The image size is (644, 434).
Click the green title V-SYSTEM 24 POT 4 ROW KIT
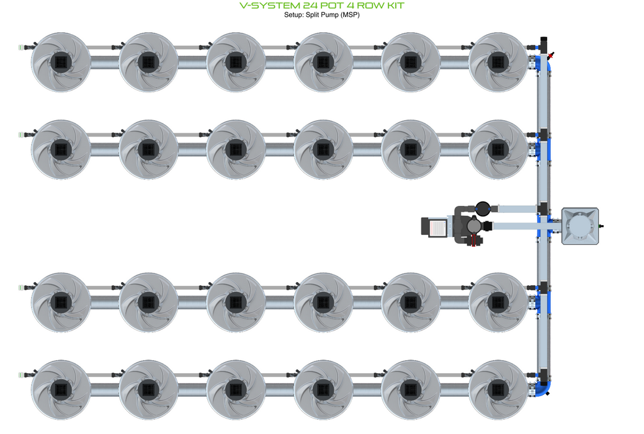tap(321, 6)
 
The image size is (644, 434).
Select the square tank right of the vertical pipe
tap(581, 226)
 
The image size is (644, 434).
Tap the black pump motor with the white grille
tap(435, 226)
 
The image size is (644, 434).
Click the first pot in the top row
tap(61, 61)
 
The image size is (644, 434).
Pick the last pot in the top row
tap(498, 61)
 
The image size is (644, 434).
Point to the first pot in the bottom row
tap(61, 389)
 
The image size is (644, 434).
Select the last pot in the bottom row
tap(498, 389)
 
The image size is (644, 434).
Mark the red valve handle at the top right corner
tap(551, 55)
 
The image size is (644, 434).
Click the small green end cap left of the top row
tap(22, 46)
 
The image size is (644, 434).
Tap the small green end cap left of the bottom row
tap(22, 374)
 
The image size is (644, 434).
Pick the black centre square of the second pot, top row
tap(148, 61)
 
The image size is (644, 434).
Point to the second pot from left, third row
tap(148, 302)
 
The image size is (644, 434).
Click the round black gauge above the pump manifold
tap(483, 208)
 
